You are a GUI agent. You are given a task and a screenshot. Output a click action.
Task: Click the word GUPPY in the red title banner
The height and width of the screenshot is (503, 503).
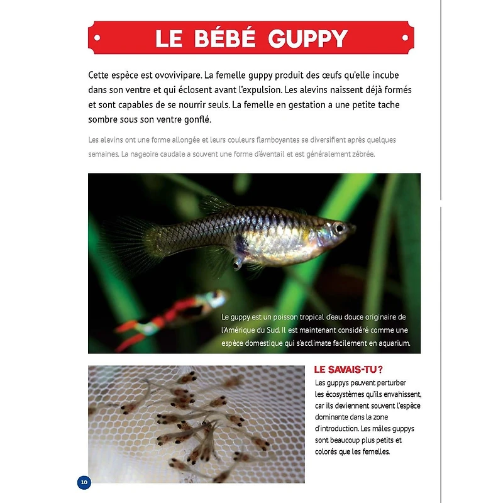pos(307,38)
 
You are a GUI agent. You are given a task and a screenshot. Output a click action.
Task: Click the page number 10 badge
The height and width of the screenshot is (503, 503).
pos(84,482)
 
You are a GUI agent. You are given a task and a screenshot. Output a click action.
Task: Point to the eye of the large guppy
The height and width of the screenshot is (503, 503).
pos(340,227)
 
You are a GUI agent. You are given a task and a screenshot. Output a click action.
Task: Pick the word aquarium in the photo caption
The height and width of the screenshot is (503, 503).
pos(392,343)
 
